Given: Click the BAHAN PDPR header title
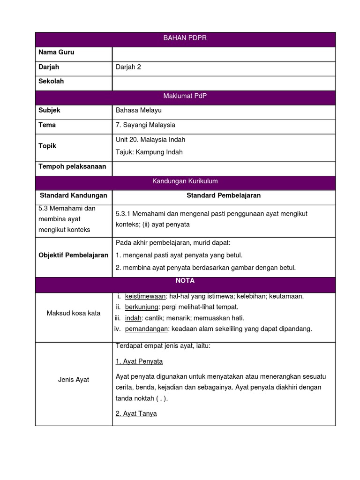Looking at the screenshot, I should tap(185, 38).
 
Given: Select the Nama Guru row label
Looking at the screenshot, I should tap(56, 52).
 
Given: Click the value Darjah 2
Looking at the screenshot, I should tap(128, 67).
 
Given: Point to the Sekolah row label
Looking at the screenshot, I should tap(51, 82).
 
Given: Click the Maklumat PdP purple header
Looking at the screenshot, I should tap(185, 96).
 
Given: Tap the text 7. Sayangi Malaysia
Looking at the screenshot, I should tap(145, 125).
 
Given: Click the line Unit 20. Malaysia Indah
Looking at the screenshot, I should tap(150, 140).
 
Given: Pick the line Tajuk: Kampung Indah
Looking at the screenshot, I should tap(149, 152).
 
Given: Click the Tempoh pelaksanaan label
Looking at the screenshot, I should tap(72, 166).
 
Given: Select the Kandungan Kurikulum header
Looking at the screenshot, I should tap(185, 181).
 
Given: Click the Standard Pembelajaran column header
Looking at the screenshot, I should tap(224, 195).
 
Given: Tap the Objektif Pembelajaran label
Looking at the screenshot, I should tap(74, 255).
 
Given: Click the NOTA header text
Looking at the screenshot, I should tap(185, 281).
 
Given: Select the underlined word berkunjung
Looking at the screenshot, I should tap(142, 307).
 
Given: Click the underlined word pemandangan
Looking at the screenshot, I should tap(146, 329).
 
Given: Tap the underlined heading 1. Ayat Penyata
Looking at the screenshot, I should tap(139, 361).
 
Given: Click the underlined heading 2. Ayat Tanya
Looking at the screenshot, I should tap(136, 414).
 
